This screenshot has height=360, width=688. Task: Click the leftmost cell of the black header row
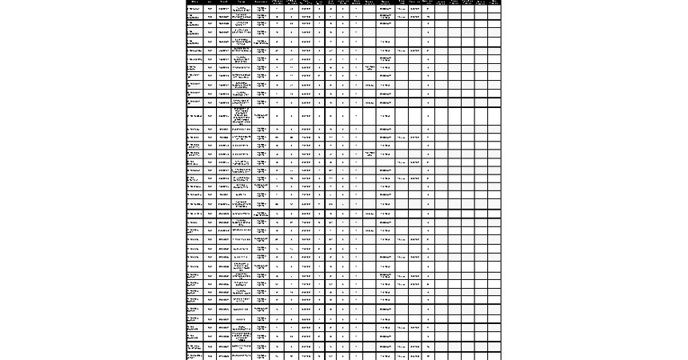194,2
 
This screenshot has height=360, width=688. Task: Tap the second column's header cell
210,2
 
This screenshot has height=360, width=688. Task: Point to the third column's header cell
224,2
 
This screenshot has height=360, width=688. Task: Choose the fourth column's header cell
242,2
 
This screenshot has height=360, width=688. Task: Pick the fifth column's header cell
262,2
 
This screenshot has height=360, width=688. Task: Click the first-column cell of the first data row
194,9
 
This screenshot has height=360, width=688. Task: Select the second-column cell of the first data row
210,9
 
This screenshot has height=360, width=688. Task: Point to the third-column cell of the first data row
224,9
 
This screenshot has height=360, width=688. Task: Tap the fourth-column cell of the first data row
242,9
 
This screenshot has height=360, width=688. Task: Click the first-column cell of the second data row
194,16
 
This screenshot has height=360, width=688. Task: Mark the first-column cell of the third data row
194,24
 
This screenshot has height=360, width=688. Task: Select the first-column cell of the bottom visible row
194,356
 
